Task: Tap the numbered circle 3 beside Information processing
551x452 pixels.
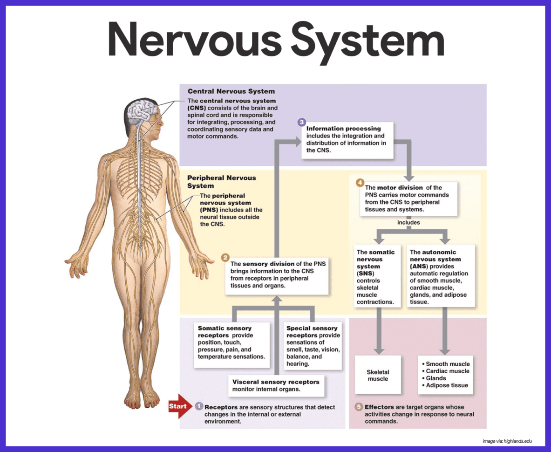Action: point(301,123)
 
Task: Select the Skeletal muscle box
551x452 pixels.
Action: point(378,376)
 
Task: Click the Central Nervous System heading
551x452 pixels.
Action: point(231,91)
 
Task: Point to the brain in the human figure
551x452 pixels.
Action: point(140,110)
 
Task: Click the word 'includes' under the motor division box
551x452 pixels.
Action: point(408,223)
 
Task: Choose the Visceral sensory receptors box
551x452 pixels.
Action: point(276,385)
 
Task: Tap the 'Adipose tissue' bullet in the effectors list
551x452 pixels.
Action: point(447,385)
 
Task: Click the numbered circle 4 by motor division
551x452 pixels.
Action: point(360,183)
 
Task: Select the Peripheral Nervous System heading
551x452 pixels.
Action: point(221,182)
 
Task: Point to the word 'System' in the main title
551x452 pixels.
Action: point(367,39)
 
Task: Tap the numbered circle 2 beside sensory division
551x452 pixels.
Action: point(225,257)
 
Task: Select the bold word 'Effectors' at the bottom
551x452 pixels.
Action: point(379,407)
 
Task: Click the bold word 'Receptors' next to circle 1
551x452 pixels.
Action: point(221,407)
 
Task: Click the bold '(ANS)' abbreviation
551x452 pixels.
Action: point(418,267)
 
